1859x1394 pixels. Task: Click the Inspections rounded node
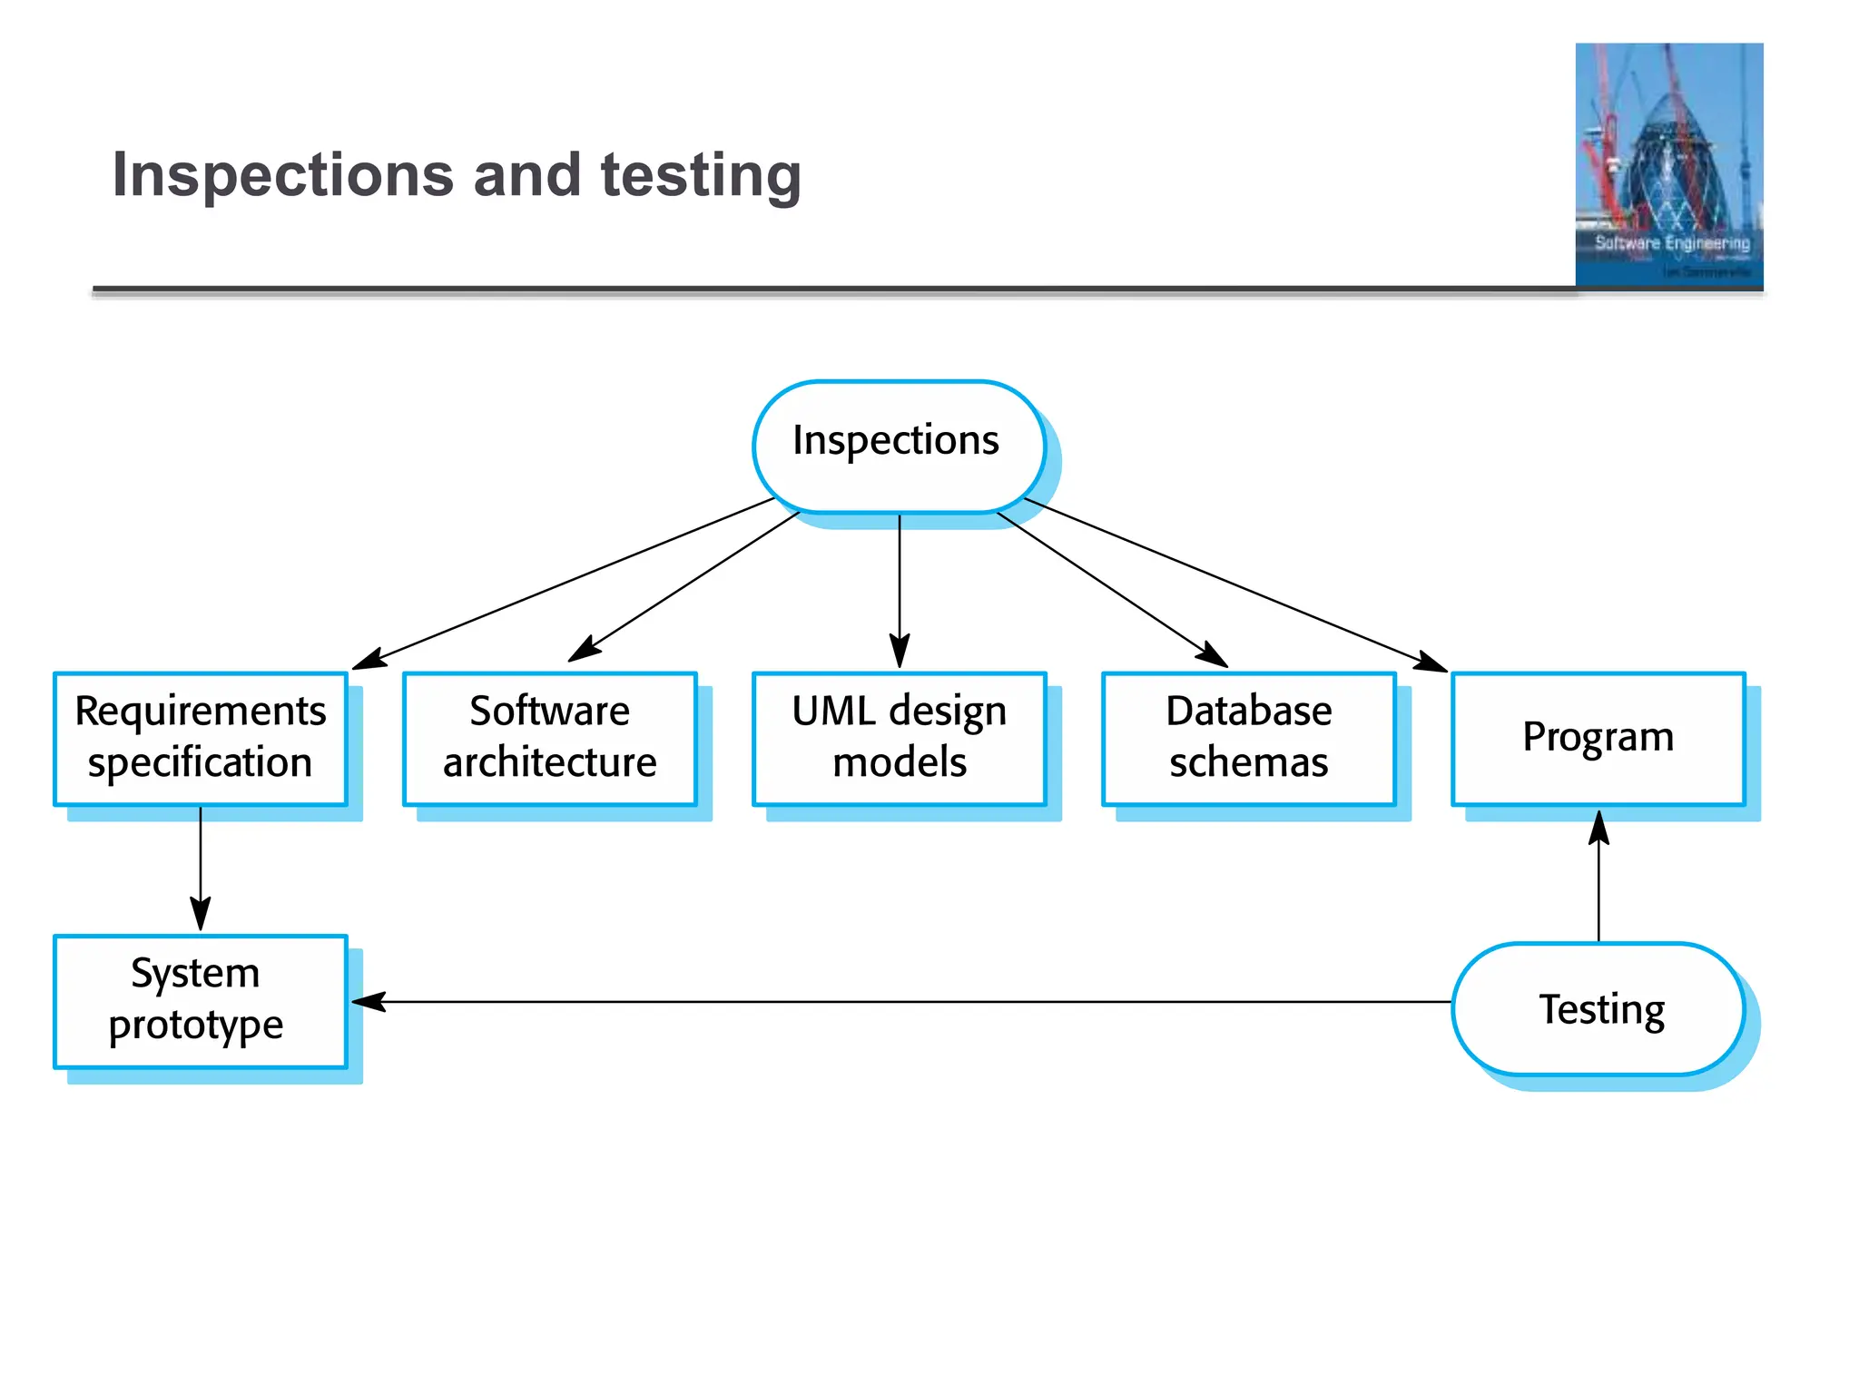pos(898,446)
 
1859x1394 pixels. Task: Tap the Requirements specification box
pos(201,738)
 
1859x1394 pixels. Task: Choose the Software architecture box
pos(549,738)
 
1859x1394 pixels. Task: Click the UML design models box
pos(899,738)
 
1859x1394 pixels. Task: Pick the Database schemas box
pos(1248,738)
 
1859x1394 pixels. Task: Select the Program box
pos(1598,738)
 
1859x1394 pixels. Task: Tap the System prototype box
pos(201,1000)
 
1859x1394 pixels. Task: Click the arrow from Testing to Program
pos(1598,880)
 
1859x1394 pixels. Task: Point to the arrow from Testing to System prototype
pos(908,1002)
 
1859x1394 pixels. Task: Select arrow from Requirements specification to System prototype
pos(201,867)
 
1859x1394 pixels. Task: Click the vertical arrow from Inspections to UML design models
pos(900,590)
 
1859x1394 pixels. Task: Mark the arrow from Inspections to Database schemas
pos(1112,590)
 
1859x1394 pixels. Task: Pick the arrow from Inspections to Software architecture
pos(685,587)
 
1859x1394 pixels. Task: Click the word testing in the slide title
pos(701,175)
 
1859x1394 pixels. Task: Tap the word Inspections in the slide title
pos(282,174)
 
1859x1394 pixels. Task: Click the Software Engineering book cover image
pos(1668,165)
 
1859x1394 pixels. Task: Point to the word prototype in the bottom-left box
pos(196,1026)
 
